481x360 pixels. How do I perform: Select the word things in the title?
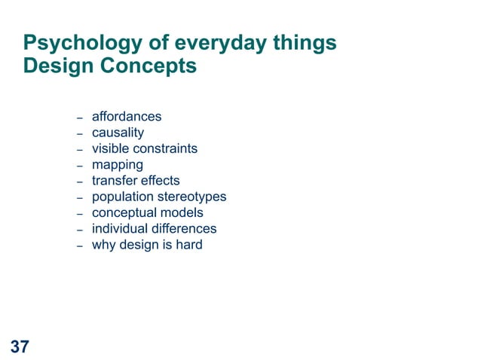[x=303, y=44]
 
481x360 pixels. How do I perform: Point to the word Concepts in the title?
[x=149, y=66]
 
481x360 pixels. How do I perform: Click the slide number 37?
[x=20, y=346]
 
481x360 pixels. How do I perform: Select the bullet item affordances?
[x=127, y=117]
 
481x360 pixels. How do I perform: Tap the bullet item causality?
[x=118, y=133]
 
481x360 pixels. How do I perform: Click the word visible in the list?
[x=110, y=148]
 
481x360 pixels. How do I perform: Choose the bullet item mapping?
[x=117, y=164]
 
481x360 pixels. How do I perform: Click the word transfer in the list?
[x=113, y=181]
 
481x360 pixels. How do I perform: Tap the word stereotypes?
[x=191, y=197]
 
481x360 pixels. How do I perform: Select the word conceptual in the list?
[x=124, y=212]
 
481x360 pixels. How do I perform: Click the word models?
[x=181, y=212]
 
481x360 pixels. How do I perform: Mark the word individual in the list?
[x=120, y=228]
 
